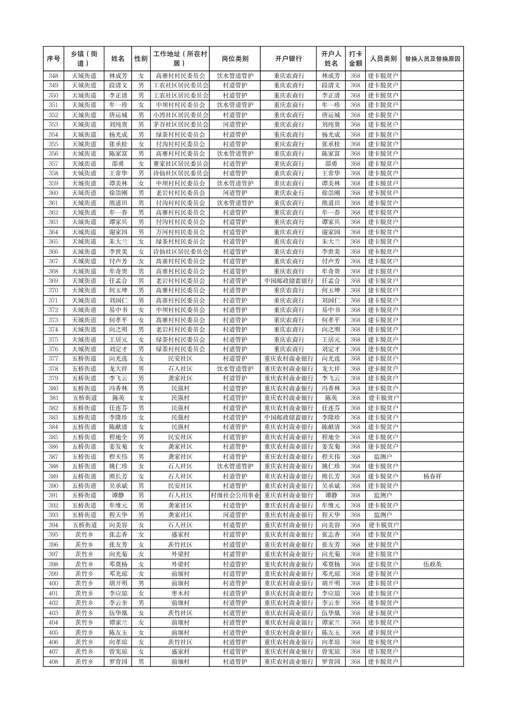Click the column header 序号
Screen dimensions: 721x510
pyautogui.click(x=54, y=59)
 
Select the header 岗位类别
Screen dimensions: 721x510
pyautogui.click(x=235, y=59)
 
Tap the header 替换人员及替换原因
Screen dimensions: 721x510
pyautogui.click(x=432, y=59)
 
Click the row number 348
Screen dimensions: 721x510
pyautogui.click(x=54, y=76)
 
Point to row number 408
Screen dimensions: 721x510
pyautogui.click(x=54, y=662)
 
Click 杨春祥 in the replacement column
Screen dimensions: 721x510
pyautogui.click(x=432, y=476)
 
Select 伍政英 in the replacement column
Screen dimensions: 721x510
pyautogui.click(x=432, y=564)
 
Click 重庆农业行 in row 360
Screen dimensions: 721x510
pyautogui.click(x=288, y=193)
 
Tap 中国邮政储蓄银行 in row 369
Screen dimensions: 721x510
pyautogui.click(x=288, y=281)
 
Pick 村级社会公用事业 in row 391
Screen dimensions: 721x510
pyautogui.click(x=235, y=496)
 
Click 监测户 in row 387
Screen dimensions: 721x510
pyautogui.click(x=382, y=457)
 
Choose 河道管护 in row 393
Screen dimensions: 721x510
pyautogui.click(x=235, y=515)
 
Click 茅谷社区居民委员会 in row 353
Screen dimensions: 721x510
pyautogui.click(x=180, y=125)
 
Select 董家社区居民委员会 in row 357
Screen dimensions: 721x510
pyautogui.click(x=180, y=164)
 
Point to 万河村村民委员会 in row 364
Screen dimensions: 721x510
pyautogui.click(x=180, y=232)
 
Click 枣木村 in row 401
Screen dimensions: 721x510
pyautogui.click(x=180, y=593)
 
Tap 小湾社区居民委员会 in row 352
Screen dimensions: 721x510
pyautogui.click(x=180, y=115)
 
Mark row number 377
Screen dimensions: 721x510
pyautogui.click(x=54, y=359)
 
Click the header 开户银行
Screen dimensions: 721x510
pyautogui.click(x=288, y=59)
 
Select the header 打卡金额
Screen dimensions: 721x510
pyautogui.click(x=355, y=59)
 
